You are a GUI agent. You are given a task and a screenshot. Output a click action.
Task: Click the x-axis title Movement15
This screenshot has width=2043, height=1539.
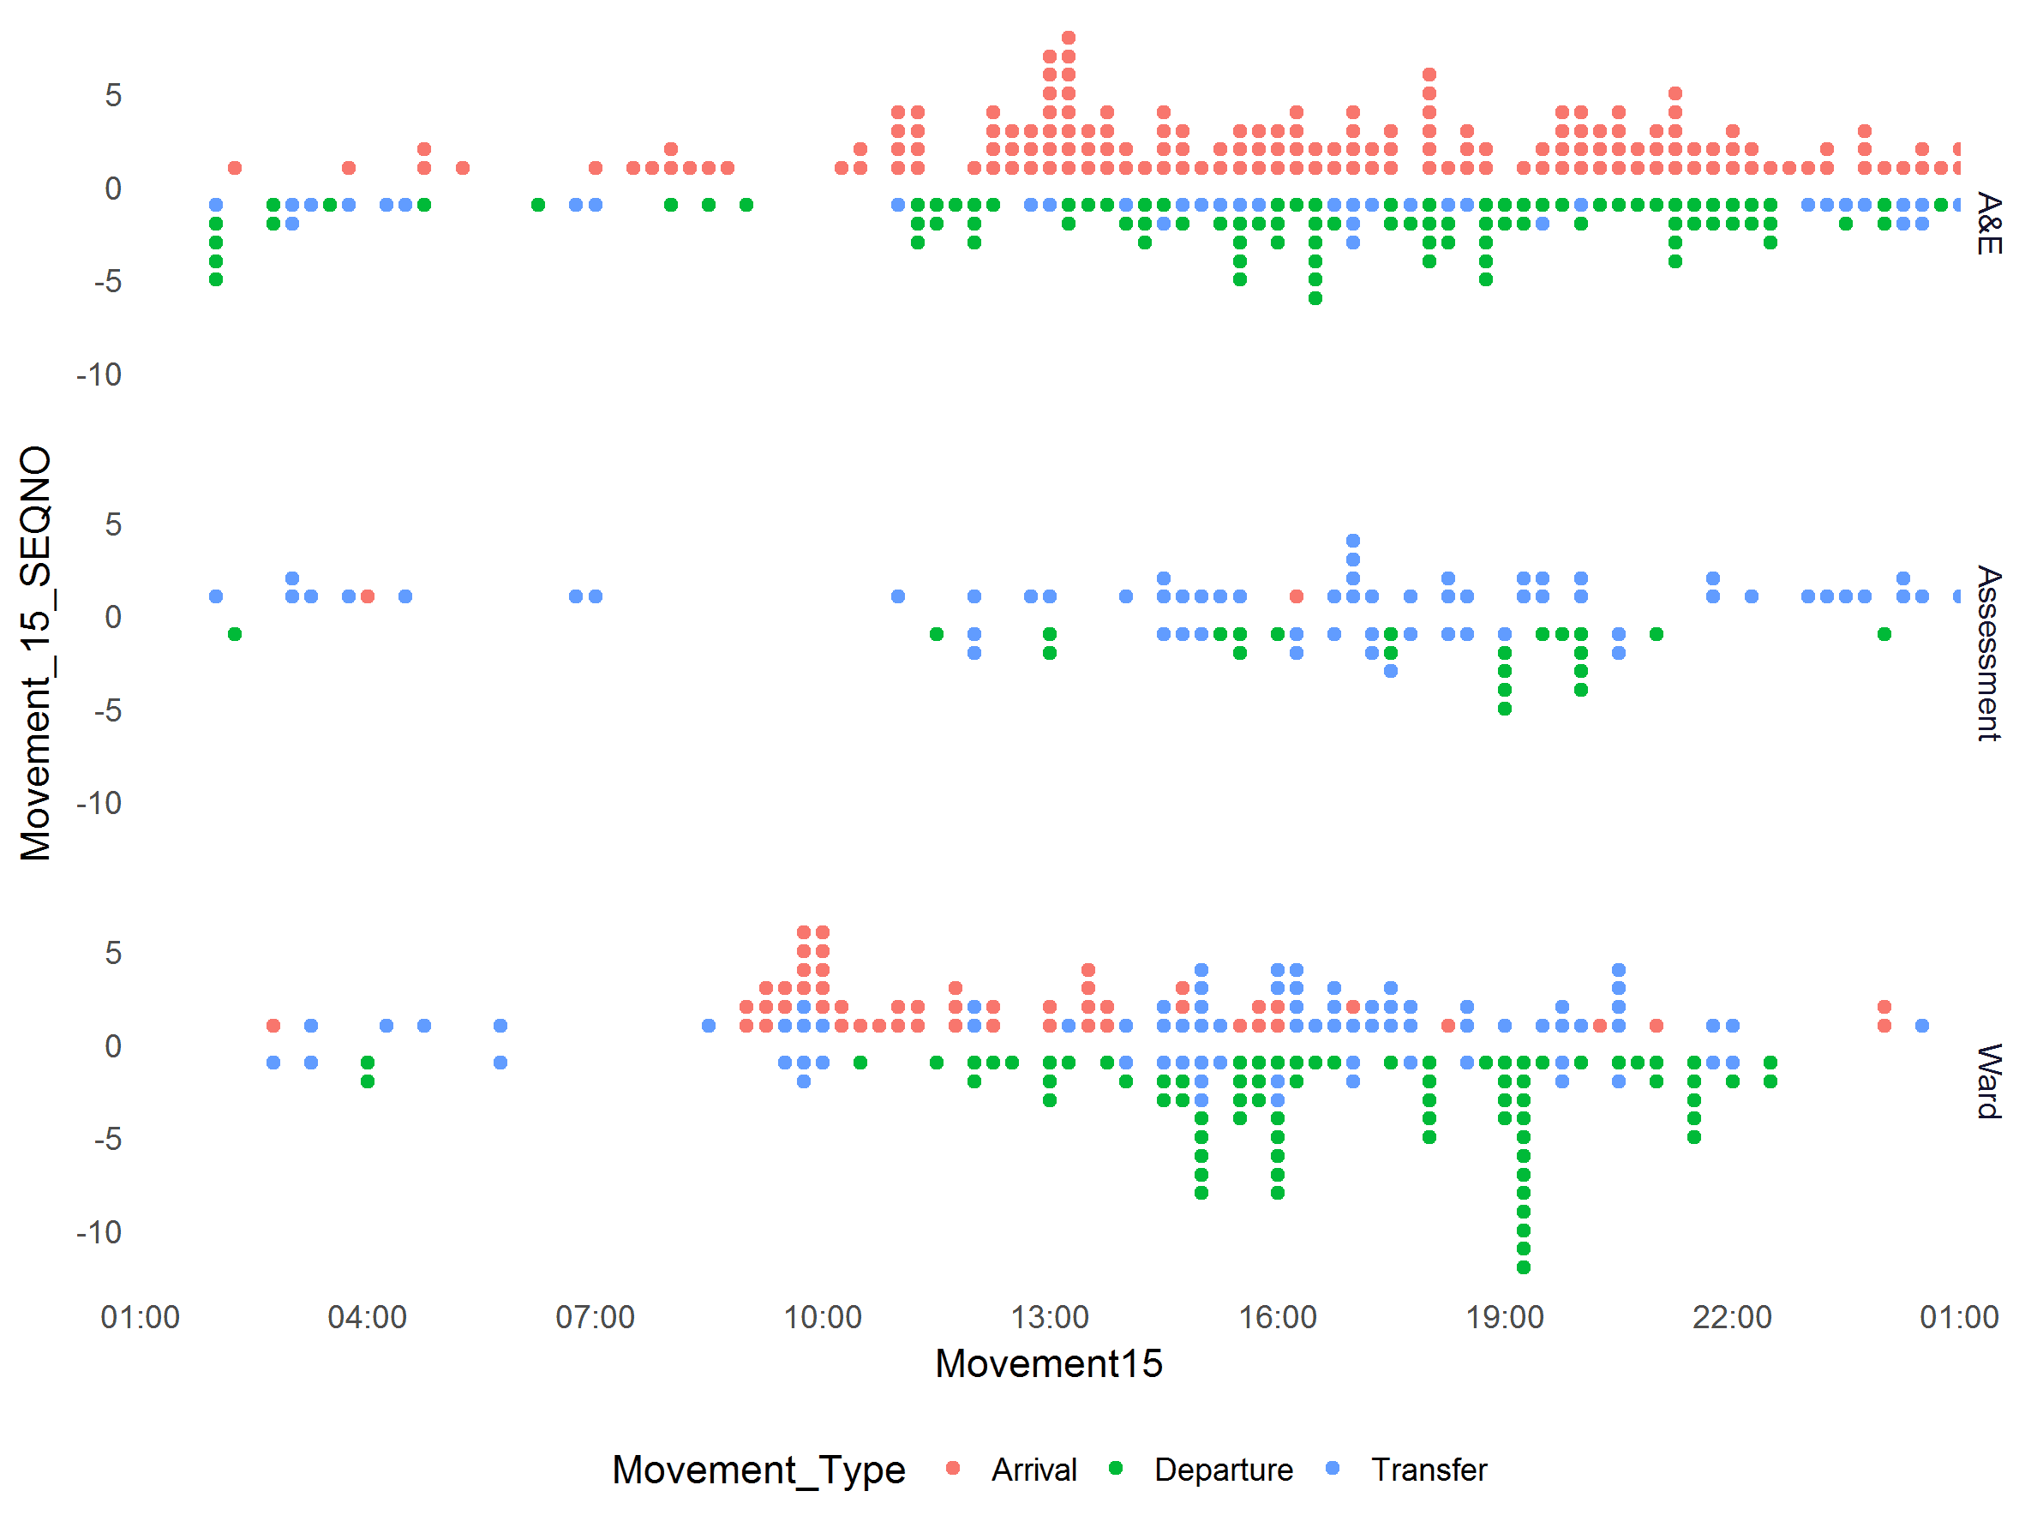[1048, 1363]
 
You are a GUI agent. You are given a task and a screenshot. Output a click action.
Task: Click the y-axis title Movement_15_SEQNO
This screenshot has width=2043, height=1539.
[35, 653]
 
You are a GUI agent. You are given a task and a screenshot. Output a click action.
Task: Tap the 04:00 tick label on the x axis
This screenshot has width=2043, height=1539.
[367, 1316]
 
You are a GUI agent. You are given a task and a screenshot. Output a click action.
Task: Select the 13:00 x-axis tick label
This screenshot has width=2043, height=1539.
[1049, 1316]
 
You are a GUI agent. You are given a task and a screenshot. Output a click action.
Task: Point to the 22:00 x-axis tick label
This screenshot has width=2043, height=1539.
[1732, 1316]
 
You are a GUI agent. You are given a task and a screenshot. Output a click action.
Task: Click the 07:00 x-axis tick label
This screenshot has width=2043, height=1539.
[595, 1316]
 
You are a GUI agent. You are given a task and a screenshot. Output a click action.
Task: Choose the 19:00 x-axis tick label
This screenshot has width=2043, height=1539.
[1505, 1316]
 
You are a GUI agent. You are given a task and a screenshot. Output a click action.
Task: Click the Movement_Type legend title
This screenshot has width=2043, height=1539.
[758, 1470]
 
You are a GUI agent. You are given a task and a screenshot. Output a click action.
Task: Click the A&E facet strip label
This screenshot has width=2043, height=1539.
[1988, 224]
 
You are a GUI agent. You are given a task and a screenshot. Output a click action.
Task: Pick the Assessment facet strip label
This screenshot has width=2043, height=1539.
[1988, 653]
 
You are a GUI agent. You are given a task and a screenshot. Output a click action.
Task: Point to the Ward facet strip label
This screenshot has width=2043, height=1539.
[1988, 1081]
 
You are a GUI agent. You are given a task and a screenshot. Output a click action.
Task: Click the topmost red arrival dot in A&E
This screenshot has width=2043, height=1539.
[1069, 38]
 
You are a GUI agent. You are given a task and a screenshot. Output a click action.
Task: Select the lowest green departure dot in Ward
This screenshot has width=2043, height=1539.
[1524, 1267]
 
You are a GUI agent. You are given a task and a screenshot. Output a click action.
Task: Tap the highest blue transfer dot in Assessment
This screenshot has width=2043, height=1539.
[1353, 541]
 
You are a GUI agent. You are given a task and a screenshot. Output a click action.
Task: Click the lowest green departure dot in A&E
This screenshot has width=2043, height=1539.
[1315, 298]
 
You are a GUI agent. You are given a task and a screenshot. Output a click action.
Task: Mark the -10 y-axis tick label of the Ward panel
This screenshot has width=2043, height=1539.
[99, 1232]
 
